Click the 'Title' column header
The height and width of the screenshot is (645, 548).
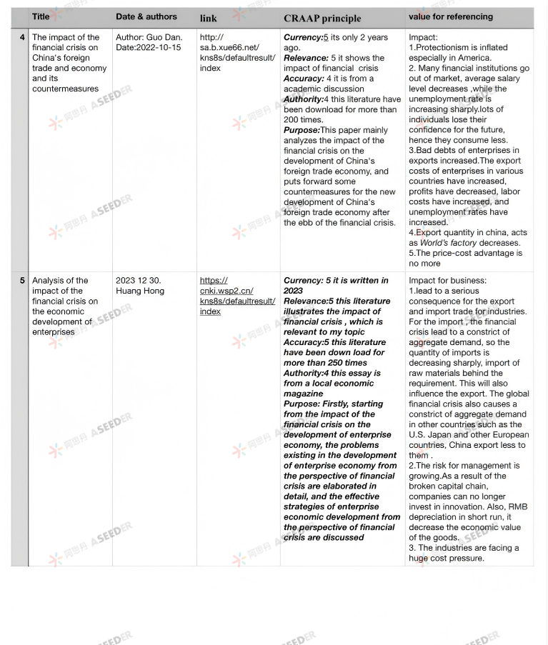(41, 16)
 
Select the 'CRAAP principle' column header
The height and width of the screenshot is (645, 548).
(322, 18)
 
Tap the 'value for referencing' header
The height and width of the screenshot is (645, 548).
(451, 16)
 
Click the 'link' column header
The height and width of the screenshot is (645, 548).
(208, 18)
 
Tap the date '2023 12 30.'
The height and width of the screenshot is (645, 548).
(139, 281)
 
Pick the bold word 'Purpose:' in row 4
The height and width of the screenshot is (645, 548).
(302, 130)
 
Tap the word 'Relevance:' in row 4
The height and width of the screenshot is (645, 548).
(306, 58)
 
